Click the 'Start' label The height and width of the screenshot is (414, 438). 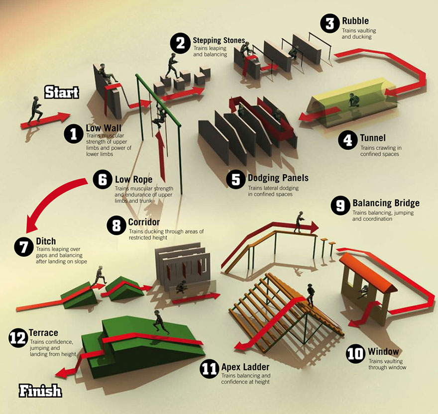click(x=61, y=92)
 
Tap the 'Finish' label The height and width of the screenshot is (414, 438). click(x=40, y=390)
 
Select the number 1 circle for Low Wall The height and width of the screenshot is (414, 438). click(x=74, y=134)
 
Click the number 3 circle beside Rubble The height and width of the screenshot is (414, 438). click(x=329, y=24)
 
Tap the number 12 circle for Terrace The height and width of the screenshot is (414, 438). click(x=18, y=338)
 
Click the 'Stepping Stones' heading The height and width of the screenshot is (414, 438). click(x=219, y=40)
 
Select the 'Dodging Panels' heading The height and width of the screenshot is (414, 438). click(x=278, y=178)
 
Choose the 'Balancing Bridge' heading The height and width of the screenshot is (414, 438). click(x=386, y=203)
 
